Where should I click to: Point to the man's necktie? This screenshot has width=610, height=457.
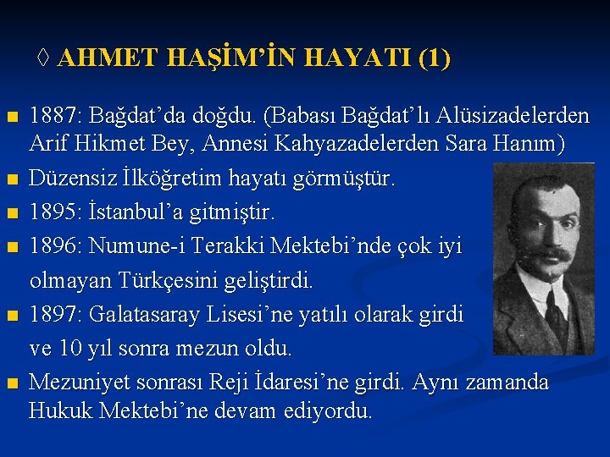556,313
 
